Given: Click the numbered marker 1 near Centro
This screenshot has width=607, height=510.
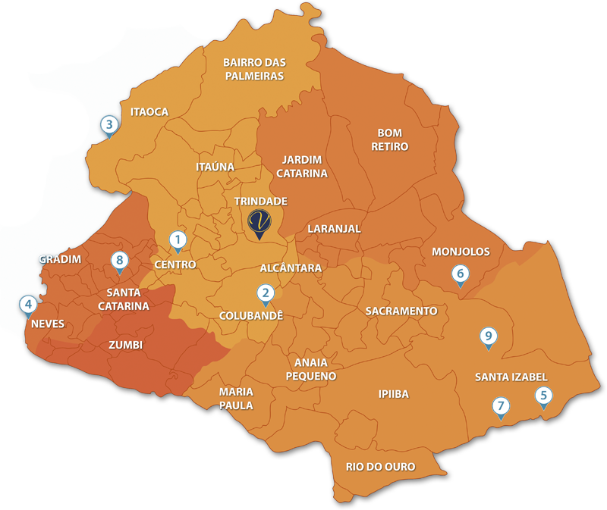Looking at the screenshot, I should (x=177, y=241).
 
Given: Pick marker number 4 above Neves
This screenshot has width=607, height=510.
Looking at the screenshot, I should (x=28, y=305).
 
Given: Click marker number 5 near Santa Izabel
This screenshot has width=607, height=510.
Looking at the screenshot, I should (x=543, y=395).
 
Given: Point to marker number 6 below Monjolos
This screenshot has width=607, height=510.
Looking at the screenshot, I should (x=460, y=274).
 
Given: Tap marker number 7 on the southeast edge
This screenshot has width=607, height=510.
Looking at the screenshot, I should (x=500, y=406).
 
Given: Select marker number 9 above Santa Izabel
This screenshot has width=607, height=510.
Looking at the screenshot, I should (x=489, y=336).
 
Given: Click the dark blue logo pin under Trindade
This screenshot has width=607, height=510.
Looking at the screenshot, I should (x=260, y=223).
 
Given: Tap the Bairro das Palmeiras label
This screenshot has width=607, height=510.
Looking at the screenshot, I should (x=253, y=69).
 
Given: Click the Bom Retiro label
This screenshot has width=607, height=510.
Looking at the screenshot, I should (x=390, y=139).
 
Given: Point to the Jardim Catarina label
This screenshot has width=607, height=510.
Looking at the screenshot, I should (x=302, y=166).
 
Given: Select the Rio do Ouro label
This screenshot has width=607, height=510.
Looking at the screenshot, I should (x=380, y=467).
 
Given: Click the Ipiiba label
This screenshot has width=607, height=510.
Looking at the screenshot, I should (x=393, y=394).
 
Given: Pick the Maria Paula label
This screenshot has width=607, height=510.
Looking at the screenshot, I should (x=236, y=398).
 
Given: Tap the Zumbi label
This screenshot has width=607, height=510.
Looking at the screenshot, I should (x=126, y=345).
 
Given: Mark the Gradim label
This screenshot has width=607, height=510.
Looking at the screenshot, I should (x=59, y=259).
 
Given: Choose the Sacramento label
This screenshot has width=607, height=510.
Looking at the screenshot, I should (x=401, y=311).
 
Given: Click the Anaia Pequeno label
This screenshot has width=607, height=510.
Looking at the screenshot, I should (x=311, y=369).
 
